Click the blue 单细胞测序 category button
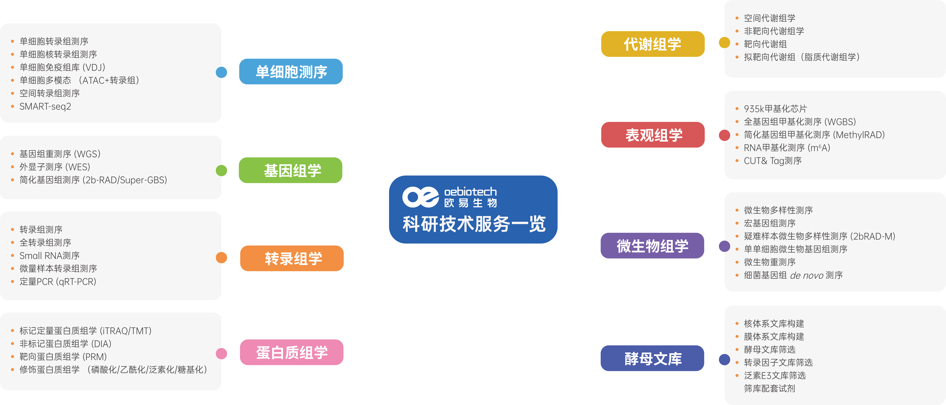click(291, 72)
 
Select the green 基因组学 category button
click(291, 170)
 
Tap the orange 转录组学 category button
click(292, 258)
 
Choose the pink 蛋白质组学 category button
click(292, 352)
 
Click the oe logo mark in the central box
click(420, 197)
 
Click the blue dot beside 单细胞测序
click(221, 72)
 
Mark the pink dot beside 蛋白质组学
click(221, 354)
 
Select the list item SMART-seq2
click(45, 106)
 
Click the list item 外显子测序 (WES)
click(55, 167)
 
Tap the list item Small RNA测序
click(50, 255)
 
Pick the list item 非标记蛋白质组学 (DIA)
click(65, 344)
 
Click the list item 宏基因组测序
click(770, 223)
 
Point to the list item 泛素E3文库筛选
click(775, 375)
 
